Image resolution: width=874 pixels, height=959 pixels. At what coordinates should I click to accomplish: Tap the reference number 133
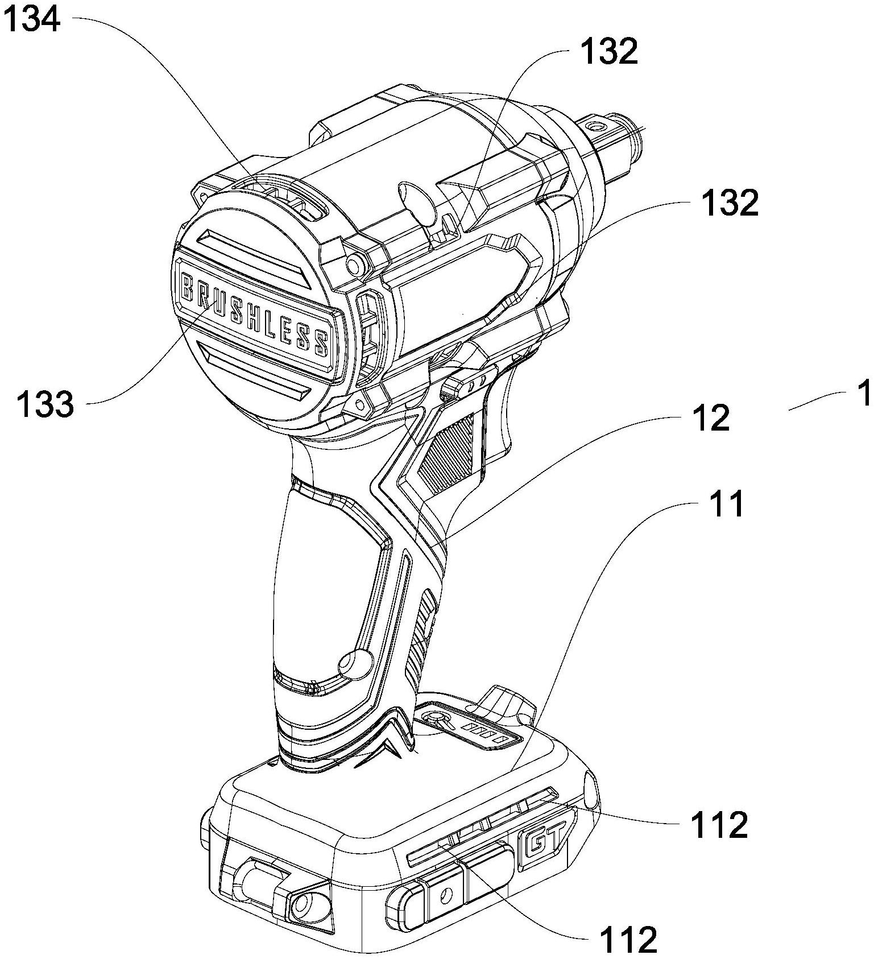coord(45,404)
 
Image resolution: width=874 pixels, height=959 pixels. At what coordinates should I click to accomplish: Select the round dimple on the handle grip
coord(353,663)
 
